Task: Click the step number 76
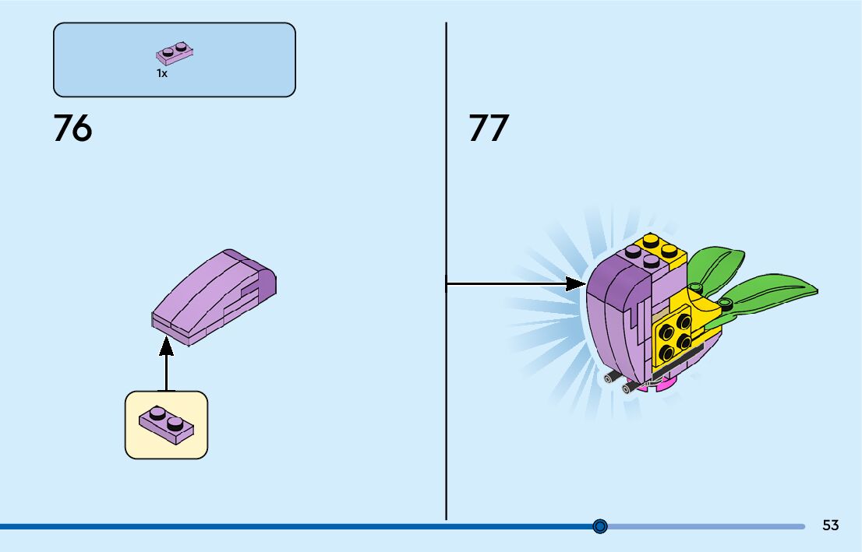pos(72,128)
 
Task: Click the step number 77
pos(488,128)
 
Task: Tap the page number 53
pos(830,526)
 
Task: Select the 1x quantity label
pos(161,73)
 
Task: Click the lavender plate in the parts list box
pos(175,53)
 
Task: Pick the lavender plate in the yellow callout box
pos(166,424)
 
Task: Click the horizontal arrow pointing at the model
pos(514,284)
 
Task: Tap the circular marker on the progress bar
pos(599,526)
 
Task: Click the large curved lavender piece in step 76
pos(214,296)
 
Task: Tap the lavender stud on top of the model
pos(633,251)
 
